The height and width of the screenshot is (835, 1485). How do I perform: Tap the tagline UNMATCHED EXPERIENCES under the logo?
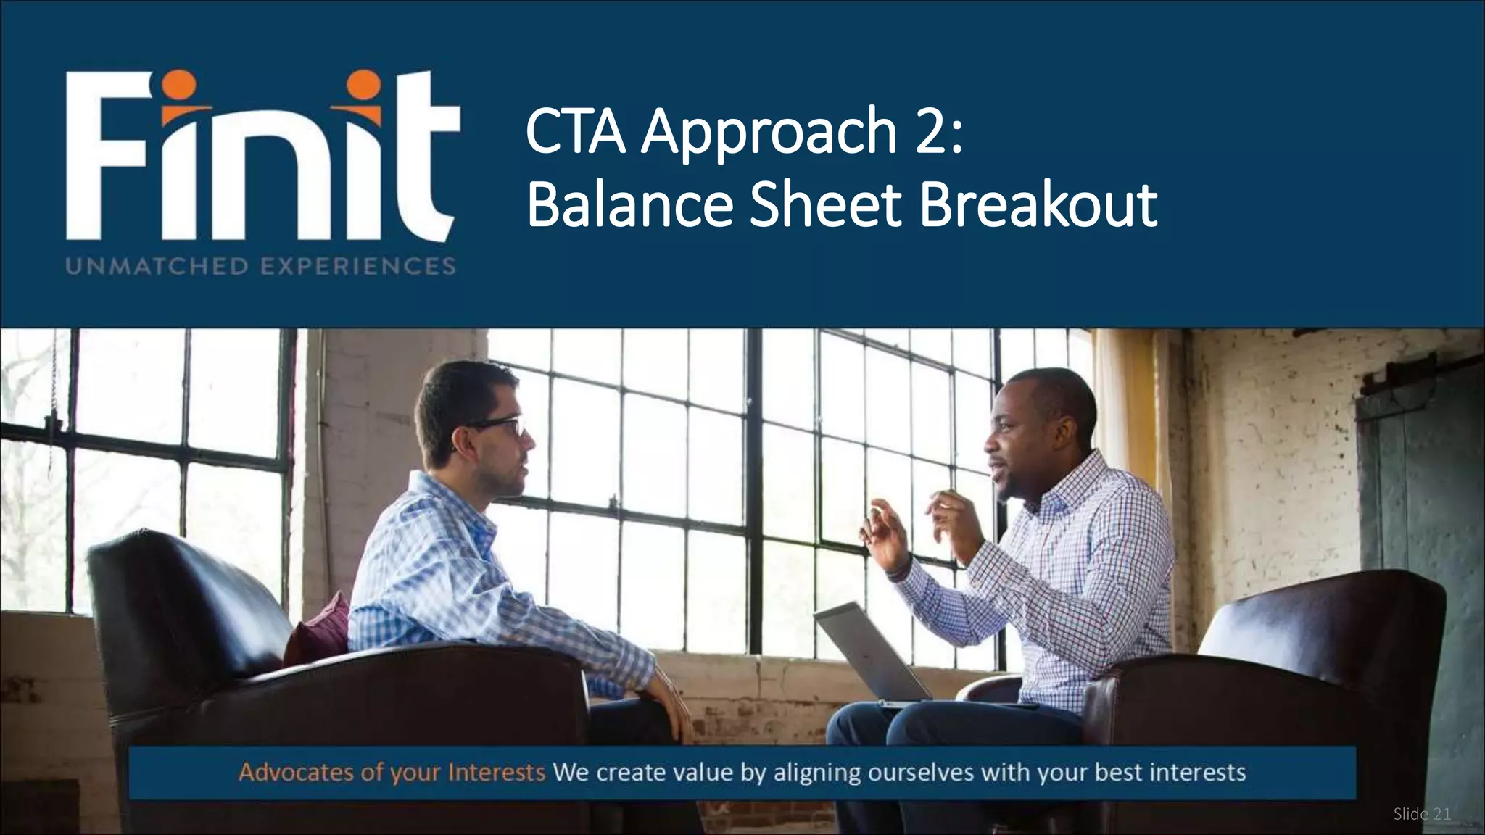pyautogui.click(x=261, y=266)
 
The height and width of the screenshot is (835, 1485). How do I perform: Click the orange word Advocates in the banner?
pyautogui.click(x=297, y=773)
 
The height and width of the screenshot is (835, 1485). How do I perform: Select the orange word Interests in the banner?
pyautogui.click(x=496, y=773)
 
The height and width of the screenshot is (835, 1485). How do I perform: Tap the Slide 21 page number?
pyautogui.click(x=1421, y=815)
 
